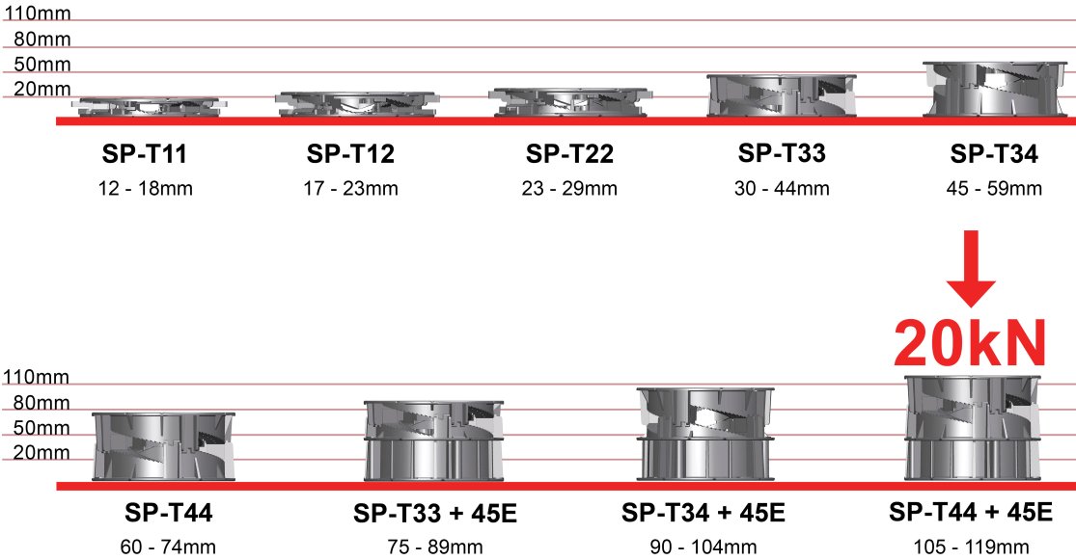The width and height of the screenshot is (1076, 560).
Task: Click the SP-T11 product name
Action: point(144,153)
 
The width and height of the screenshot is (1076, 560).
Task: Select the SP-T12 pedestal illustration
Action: point(357,104)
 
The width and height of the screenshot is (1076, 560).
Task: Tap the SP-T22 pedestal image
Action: point(570,102)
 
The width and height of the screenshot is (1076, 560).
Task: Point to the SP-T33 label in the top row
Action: point(782,153)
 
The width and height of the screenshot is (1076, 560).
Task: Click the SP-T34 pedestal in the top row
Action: point(994,89)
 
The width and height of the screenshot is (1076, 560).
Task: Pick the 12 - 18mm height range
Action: point(145,188)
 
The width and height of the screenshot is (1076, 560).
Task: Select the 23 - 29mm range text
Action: point(568,188)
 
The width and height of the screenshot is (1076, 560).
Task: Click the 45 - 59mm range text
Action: point(994,188)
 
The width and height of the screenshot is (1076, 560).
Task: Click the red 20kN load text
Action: point(970,344)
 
